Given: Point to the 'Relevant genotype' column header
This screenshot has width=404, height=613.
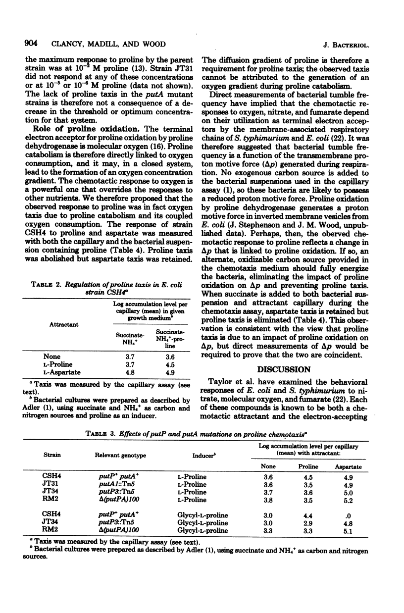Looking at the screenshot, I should pyautogui.click(x=117, y=453).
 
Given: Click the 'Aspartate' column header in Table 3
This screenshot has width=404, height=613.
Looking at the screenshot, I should pyautogui.click(x=349, y=466).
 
